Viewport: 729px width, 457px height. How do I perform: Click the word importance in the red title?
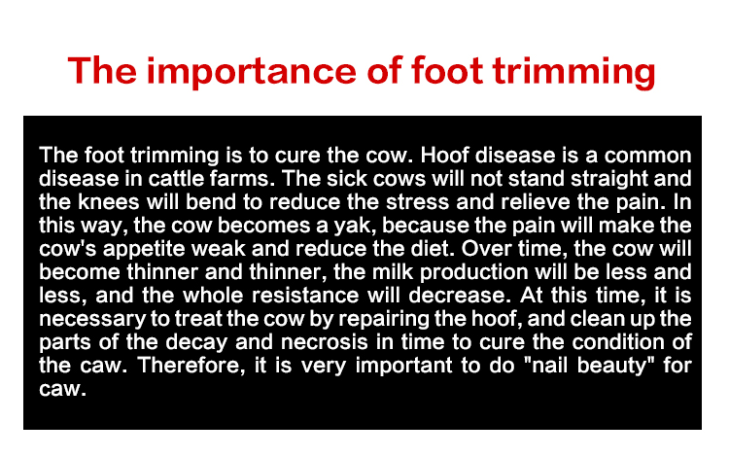[x=251, y=71]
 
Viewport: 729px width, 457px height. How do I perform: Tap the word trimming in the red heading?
[x=573, y=71]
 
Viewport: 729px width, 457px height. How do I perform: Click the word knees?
[x=108, y=202]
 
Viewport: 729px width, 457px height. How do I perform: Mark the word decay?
[x=196, y=342]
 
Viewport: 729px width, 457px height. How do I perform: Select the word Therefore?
[x=191, y=366]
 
